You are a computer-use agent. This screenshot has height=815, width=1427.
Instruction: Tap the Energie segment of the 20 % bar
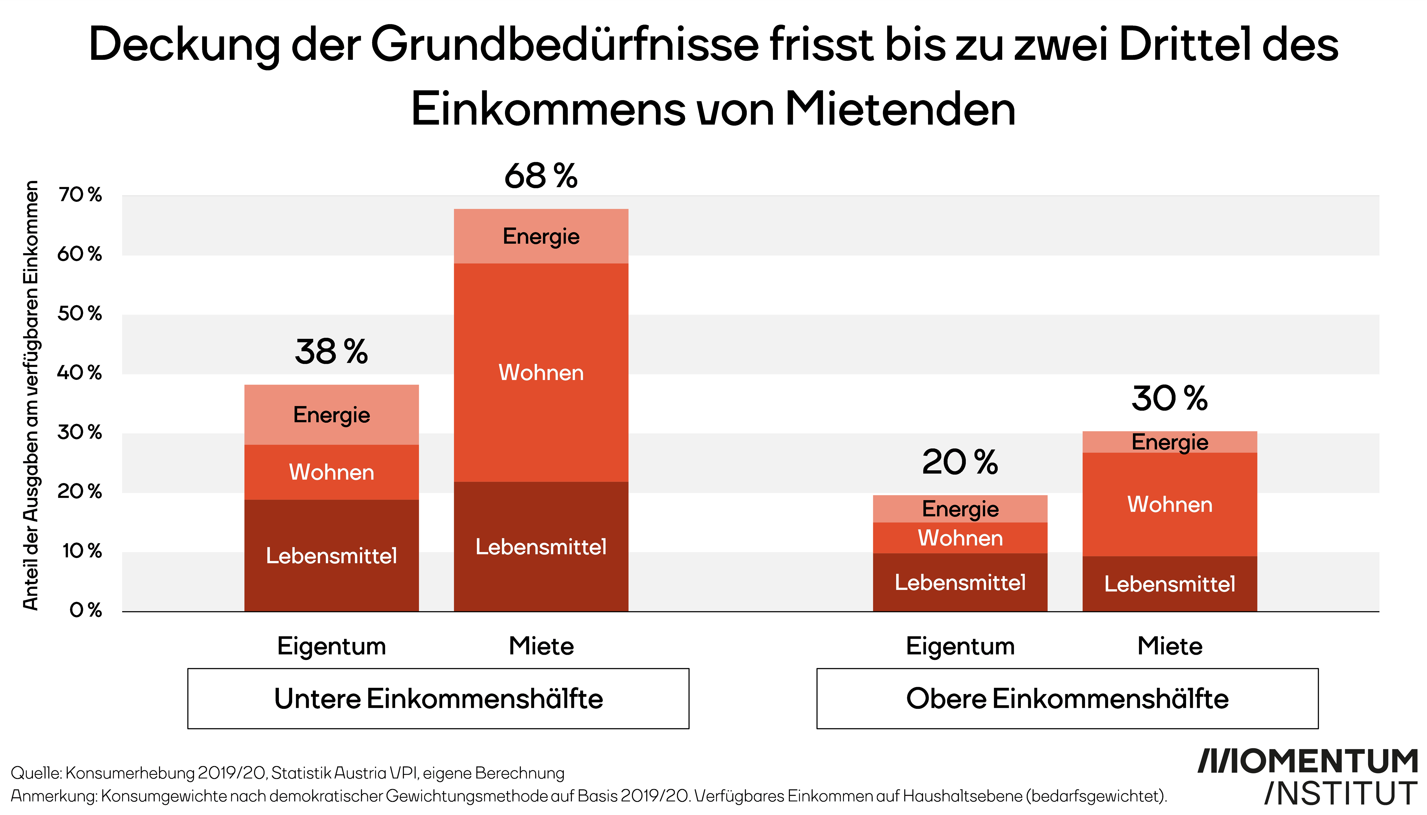click(x=960, y=509)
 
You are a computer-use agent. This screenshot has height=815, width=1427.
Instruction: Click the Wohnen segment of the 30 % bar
click(x=1169, y=504)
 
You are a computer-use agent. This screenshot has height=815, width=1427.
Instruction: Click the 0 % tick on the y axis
click(x=85, y=610)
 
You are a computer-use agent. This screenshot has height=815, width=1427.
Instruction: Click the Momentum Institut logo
click(x=1308, y=777)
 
